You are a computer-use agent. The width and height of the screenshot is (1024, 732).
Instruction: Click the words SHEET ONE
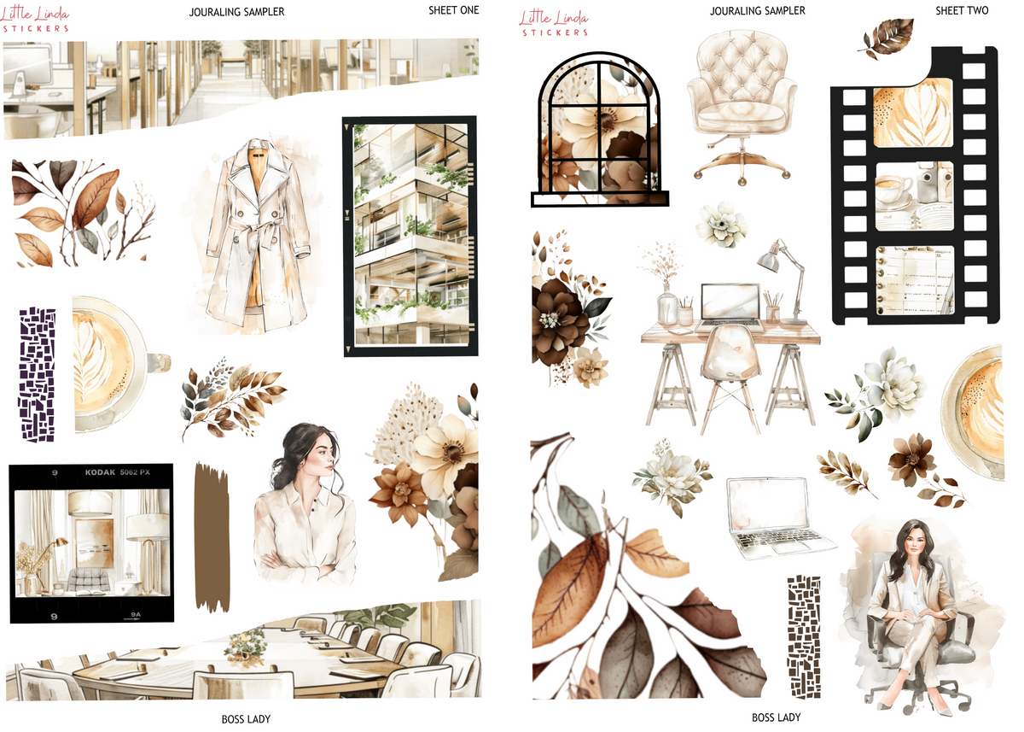(453, 10)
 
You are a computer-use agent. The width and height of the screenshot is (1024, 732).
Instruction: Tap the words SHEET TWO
(962, 10)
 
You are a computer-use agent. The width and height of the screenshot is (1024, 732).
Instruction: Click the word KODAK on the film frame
(100, 472)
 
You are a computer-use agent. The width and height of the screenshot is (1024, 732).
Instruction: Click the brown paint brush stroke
(212, 537)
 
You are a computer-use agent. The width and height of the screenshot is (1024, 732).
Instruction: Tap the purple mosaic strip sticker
(37, 374)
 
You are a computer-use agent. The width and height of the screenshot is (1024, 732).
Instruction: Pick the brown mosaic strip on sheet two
(803, 637)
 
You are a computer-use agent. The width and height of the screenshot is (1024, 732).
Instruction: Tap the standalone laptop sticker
(779, 518)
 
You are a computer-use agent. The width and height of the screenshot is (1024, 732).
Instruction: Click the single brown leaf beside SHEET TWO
(887, 38)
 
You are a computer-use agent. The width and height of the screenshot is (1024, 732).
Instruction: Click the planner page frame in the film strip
(915, 280)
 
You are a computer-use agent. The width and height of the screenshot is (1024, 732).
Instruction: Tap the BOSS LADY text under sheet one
(246, 719)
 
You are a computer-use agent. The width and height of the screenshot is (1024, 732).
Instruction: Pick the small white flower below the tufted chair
(721, 225)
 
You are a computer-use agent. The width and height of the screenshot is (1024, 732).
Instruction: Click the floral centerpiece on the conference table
(246, 646)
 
